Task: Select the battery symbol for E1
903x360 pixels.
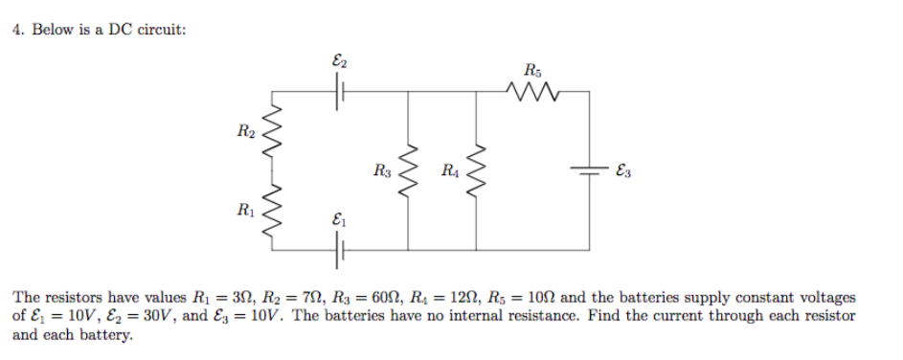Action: [x=338, y=250]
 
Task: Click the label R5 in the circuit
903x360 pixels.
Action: [x=532, y=68]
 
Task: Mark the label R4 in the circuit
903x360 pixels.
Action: [x=449, y=172]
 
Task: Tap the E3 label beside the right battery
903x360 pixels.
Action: [x=623, y=172]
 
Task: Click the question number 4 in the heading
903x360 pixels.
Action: [x=17, y=30]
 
